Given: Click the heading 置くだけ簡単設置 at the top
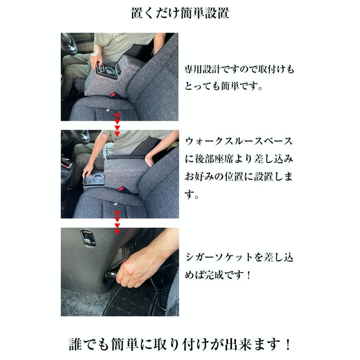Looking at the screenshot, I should click(180, 13).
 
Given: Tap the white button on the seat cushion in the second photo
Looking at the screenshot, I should click(116, 204).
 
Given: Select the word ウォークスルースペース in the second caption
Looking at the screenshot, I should click(239, 142).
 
